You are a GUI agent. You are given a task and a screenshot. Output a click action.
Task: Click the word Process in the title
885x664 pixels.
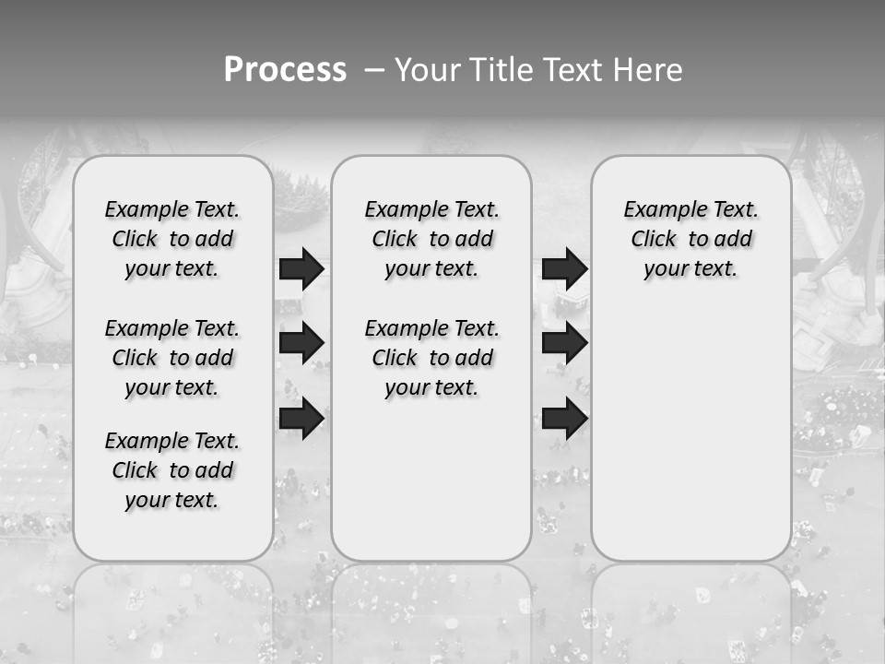point(285,70)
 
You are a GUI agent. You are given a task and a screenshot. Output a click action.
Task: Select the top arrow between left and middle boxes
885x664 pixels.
point(301,268)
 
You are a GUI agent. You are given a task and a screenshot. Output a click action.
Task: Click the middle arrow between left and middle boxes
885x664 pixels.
point(301,343)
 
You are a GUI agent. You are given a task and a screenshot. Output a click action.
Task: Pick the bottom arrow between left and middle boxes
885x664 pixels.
point(301,418)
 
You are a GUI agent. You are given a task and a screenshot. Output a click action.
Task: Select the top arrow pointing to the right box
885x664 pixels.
point(564,268)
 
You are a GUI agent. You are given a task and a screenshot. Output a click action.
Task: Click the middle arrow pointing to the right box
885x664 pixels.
point(564,343)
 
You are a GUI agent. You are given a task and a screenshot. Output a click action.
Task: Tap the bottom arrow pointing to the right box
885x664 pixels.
point(564,418)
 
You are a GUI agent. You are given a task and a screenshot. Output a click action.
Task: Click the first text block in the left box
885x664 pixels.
point(172,239)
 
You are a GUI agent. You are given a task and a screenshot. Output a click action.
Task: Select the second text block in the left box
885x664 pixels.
point(172,358)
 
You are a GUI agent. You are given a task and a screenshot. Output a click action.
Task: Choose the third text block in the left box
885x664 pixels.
point(172,470)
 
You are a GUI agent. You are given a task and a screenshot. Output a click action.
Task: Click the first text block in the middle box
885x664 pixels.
point(431,239)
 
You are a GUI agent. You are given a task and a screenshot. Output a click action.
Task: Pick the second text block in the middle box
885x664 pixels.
point(431,358)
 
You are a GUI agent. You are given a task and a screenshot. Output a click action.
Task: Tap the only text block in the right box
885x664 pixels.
point(690,239)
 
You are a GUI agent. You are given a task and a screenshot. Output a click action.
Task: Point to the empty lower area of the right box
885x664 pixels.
point(690,433)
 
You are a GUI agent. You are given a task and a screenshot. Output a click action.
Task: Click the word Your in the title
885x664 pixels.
point(425,70)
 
